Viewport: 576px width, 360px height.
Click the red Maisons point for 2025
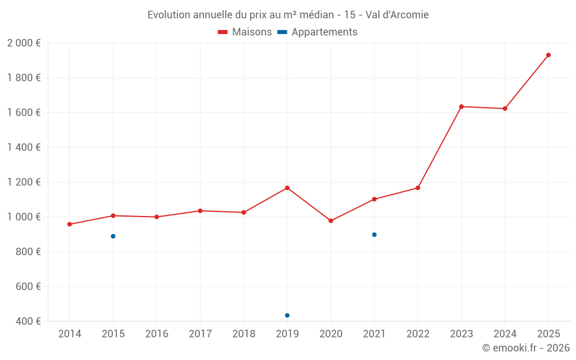tap(548, 55)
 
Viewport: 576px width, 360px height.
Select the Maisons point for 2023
tap(461, 107)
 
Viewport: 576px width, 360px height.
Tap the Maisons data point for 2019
tap(287, 188)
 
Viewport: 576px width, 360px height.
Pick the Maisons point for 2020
tap(331, 221)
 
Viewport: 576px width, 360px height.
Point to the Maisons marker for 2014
tap(70, 224)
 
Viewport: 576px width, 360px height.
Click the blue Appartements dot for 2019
tap(287, 315)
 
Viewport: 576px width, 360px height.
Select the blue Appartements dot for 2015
tap(113, 236)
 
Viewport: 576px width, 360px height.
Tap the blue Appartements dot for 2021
tap(374, 234)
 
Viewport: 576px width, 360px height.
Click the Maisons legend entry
tap(245, 32)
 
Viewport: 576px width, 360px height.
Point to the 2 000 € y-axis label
tap(24, 43)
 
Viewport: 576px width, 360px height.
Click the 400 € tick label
tap(28, 321)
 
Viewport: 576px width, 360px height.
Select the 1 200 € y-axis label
tap(24, 182)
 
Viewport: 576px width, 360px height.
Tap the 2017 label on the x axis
tap(200, 334)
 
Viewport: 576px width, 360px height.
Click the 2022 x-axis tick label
tap(418, 334)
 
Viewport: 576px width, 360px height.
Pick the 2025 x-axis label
tap(548, 334)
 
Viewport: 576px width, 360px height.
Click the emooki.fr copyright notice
tap(525, 348)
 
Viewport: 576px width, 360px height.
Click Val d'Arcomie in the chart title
tap(397, 15)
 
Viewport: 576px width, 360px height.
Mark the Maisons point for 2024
tap(505, 108)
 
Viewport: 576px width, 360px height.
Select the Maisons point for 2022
tap(418, 188)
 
